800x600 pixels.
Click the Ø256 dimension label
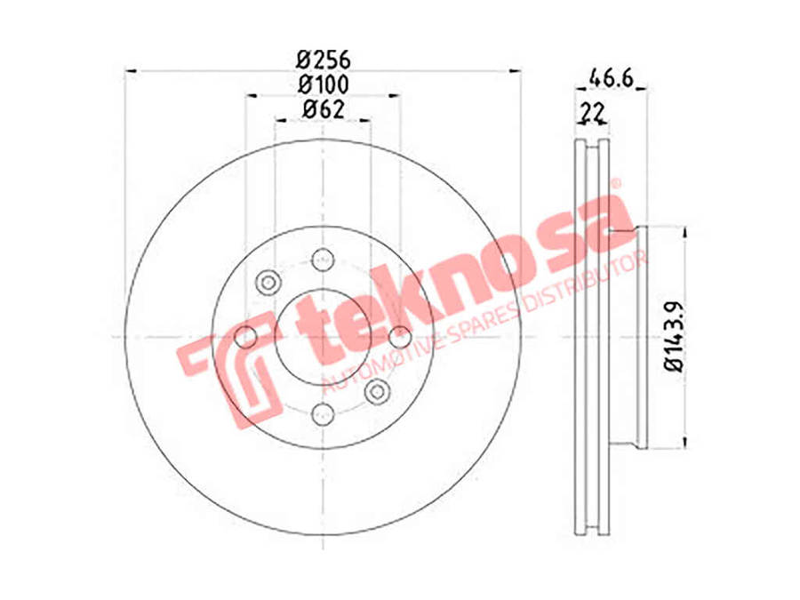click(324, 60)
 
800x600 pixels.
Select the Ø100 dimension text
click(324, 84)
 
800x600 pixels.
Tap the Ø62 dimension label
click(324, 109)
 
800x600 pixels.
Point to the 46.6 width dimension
click(611, 78)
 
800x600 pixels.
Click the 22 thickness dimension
click(592, 112)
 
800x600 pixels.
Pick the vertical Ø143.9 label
click(674, 337)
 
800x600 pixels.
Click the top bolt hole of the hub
click(323, 260)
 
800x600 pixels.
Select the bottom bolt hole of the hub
click(323, 413)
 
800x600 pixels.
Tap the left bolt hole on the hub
click(245, 337)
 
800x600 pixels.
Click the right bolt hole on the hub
click(400, 337)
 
